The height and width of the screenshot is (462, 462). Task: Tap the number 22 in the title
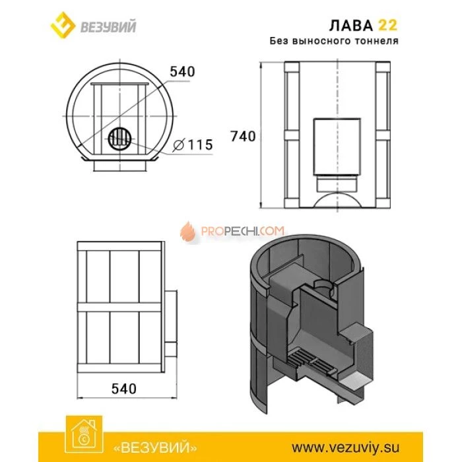click(x=387, y=25)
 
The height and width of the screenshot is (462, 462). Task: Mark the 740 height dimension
click(x=242, y=136)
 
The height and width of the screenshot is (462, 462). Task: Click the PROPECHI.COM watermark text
click(x=242, y=232)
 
